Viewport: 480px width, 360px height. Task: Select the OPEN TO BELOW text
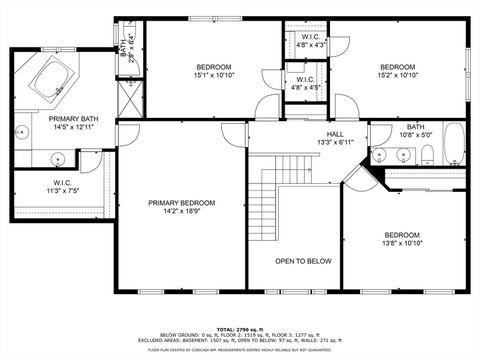[303, 261]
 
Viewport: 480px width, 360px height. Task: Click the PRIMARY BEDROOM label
[181, 203]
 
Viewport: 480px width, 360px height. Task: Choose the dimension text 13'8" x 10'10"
[402, 243]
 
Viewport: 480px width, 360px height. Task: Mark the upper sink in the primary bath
[22, 130]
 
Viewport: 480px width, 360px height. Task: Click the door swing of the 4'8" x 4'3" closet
[338, 45]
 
